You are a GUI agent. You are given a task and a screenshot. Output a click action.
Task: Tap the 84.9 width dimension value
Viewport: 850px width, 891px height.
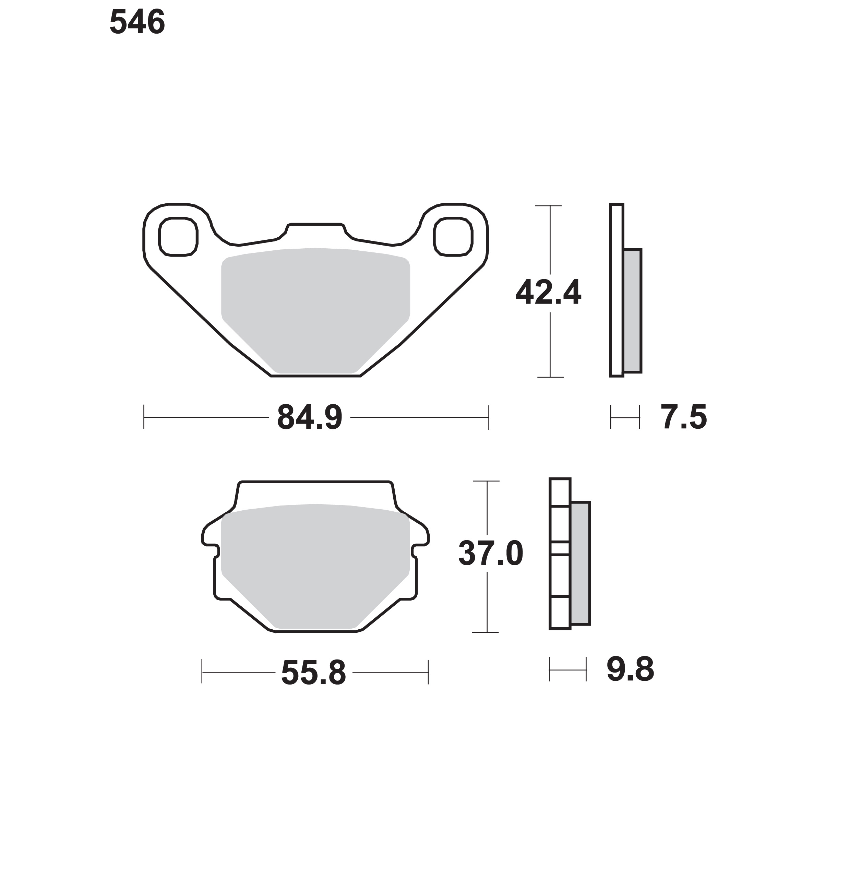pyautogui.click(x=310, y=417)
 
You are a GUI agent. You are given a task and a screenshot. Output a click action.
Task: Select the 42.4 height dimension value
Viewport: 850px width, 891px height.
pyautogui.click(x=548, y=293)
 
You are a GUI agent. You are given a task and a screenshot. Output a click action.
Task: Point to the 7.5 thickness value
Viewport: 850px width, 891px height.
pyautogui.click(x=684, y=417)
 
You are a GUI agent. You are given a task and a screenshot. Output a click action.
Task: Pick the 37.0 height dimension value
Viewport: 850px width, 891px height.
pyautogui.click(x=491, y=554)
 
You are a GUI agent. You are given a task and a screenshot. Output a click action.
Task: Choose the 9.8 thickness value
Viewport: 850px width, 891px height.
pyautogui.click(x=630, y=669)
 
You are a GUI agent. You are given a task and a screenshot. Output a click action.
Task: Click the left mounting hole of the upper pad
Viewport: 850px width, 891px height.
pyautogui.click(x=178, y=237)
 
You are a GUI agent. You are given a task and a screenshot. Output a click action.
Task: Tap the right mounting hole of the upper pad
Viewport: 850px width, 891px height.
pyautogui.click(x=453, y=237)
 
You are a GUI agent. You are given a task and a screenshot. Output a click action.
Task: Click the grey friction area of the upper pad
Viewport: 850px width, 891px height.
pyautogui.click(x=315, y=308)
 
